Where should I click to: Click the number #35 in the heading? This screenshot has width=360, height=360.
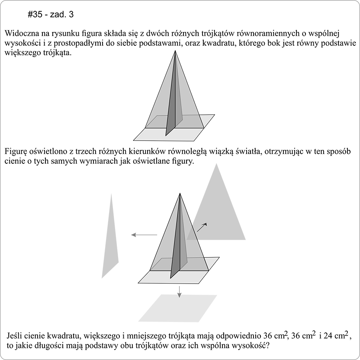tap(34, 14)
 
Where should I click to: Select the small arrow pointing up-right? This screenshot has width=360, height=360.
tap(202, 227)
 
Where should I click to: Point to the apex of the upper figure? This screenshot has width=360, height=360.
tap(174, 51)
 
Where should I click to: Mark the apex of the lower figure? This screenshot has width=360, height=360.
tap(179, 193)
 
